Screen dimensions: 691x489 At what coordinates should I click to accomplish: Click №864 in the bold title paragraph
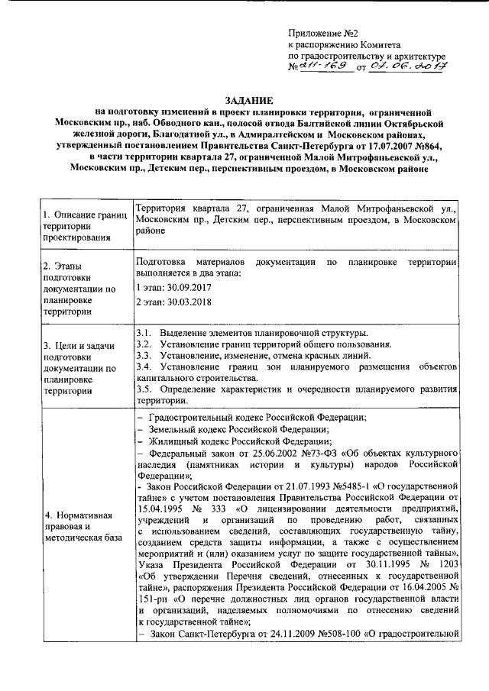click(x=423, y=144)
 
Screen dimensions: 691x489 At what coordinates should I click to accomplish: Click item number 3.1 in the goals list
click(x=143, y=333)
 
